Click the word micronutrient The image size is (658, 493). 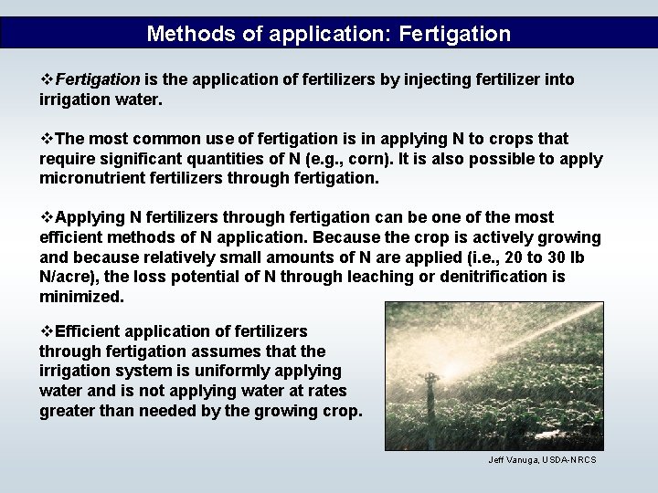click(95, 178)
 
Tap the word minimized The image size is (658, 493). click(80, 297)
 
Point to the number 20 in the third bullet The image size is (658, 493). click(497, 257)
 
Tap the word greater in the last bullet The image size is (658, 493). click(69, 411)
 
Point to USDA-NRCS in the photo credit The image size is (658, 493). click(570, 459)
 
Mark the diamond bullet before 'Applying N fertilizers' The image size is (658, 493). click(47, 217)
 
